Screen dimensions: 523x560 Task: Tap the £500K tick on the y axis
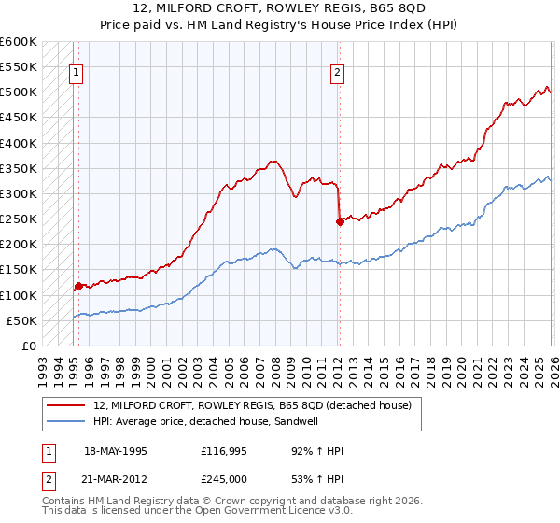pyautogui.click(x=19, y=92)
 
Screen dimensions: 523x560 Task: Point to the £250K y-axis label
pyautogui.click(x=19, y=219)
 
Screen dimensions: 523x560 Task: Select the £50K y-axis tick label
pyautogui.click(x=21, y=320)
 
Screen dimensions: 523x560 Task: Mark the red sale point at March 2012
pyautogui.click(x=340, y=222)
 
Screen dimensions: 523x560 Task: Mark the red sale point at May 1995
pyautogui.click(x=78, y=287)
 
